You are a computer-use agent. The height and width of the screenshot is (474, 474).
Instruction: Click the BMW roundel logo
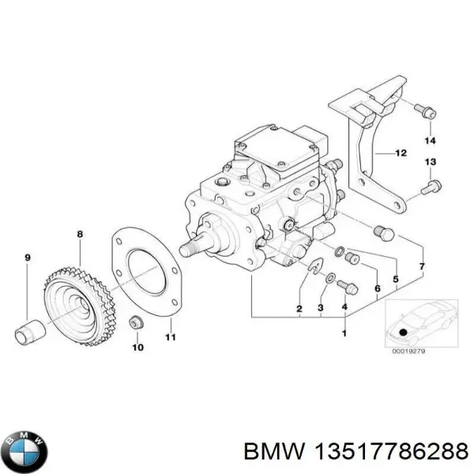26,453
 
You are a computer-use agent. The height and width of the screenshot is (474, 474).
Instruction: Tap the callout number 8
79,234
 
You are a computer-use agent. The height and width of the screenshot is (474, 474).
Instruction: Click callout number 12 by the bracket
401,153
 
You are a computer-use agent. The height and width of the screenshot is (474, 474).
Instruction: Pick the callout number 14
430,141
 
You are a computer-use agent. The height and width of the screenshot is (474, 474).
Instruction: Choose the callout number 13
430,162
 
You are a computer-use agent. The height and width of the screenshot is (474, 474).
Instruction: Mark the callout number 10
136,347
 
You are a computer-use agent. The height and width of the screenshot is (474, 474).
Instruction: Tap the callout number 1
344,335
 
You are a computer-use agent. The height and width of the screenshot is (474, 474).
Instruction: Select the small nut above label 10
136,323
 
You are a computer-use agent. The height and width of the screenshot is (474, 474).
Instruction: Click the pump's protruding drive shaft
192,247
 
